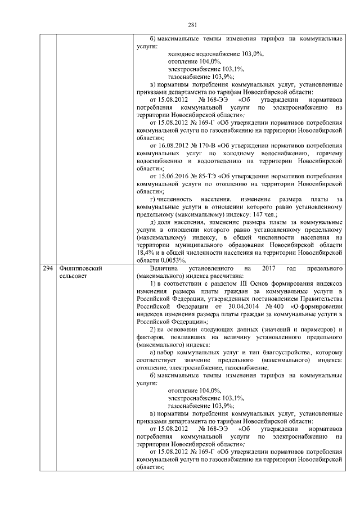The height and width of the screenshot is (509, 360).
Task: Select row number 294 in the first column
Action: (x=48, y=269)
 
